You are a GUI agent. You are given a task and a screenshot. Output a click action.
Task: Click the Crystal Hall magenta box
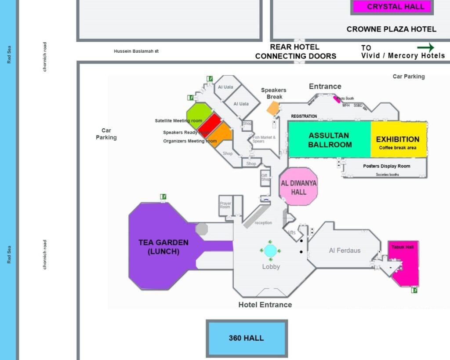coord(396,7)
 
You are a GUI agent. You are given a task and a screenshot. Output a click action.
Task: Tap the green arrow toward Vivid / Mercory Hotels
coord(425,47)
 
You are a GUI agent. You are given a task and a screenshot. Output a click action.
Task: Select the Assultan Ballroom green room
coord(330,140)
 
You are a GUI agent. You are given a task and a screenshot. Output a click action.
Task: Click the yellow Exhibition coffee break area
coord(398,140)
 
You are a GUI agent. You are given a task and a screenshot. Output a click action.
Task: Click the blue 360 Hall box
coord(246,338)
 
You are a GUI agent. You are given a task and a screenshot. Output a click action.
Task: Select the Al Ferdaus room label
coord(345,251)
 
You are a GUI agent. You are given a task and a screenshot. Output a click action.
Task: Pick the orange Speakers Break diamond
coord(273,108)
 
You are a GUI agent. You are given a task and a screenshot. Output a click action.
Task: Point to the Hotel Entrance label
coord(265,305)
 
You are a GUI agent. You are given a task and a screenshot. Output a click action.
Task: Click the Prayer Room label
coord(225,205)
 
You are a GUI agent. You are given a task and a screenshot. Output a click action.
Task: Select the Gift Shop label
coord(265,177)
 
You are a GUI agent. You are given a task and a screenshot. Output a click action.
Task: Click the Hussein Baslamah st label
coord(136,51)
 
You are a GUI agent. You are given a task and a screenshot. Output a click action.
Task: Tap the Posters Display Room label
coord(387,166)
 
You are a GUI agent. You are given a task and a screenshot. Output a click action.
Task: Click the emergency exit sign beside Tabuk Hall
coord(414,290)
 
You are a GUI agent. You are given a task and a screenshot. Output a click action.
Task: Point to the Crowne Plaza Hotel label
coord(391,29)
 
